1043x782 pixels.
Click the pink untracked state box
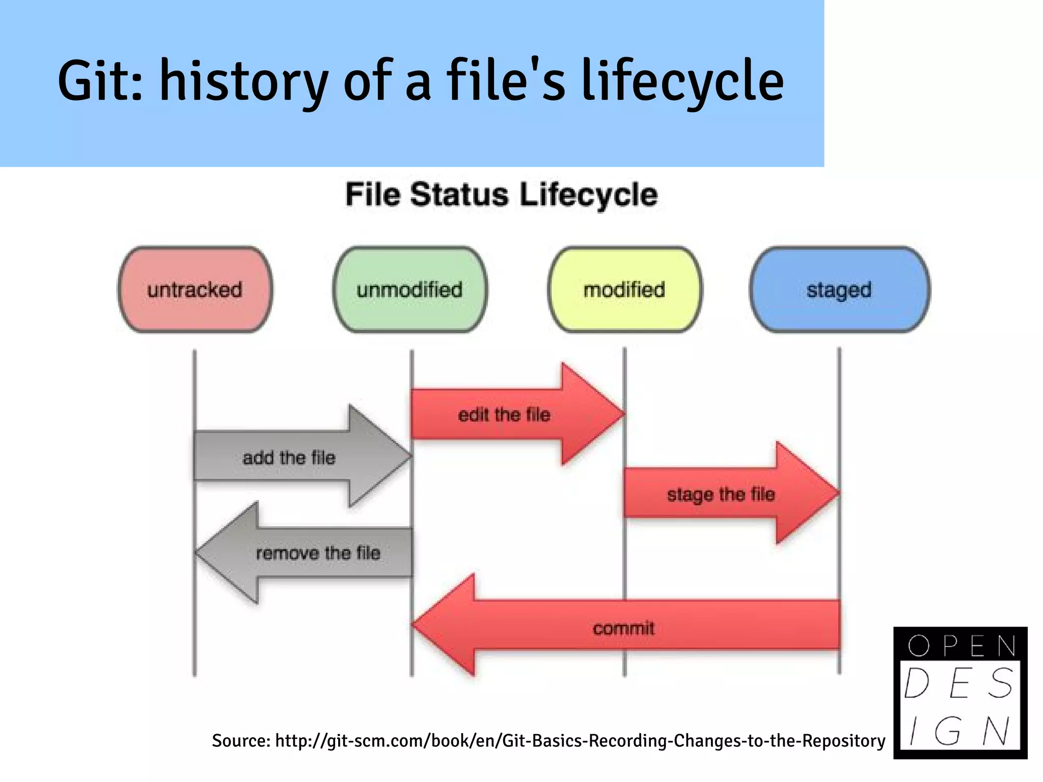(x=195, y=290)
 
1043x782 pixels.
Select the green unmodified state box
(x=410, y=290)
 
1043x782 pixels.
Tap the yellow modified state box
(x=624, y=290)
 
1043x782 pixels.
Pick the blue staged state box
(x=839, y=290)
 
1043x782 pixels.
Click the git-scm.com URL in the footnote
(x=580, y=740)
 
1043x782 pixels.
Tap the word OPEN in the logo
(x=960, y=646)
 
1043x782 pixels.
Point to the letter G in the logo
(x=947, y=731)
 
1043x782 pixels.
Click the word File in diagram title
(x=376, y=195)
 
